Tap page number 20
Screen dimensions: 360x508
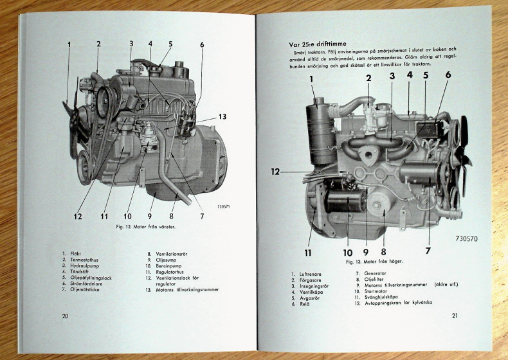point(66,316)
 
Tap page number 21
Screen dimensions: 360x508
point(455,315)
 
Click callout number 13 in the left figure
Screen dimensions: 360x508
point(222,117)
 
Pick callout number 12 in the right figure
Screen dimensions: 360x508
point(275,172)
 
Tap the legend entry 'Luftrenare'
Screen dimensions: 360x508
point(314,274)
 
